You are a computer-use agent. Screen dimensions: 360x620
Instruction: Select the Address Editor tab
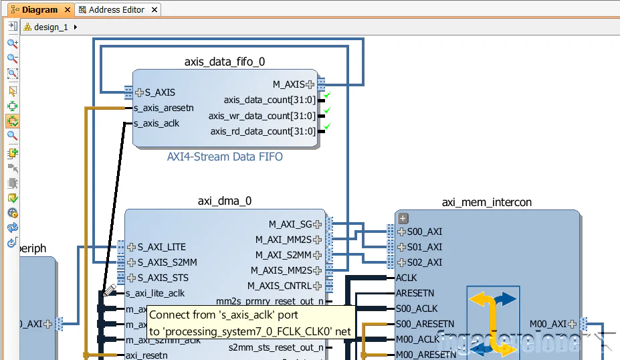point(116,10)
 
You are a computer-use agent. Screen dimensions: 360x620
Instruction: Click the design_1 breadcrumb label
point(51,27)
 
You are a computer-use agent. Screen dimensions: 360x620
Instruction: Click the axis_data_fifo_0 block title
point(224,62)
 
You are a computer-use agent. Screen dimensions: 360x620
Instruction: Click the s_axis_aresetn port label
point(164,108)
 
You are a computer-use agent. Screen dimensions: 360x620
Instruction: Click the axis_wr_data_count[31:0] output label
point(262,116)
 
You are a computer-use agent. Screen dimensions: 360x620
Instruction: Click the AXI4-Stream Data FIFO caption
point(225,157)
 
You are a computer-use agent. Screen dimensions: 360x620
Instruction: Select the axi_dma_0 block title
point(225,201)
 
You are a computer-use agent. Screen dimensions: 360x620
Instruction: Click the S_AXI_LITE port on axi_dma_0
point(161,247)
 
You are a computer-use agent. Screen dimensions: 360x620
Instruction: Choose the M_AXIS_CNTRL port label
point(280,286)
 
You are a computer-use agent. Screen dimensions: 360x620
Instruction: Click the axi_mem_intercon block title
point(487,202)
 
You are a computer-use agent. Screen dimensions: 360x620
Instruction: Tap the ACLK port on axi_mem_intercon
point(407,278)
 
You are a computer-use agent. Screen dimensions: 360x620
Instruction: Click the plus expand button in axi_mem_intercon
point(403,218)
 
